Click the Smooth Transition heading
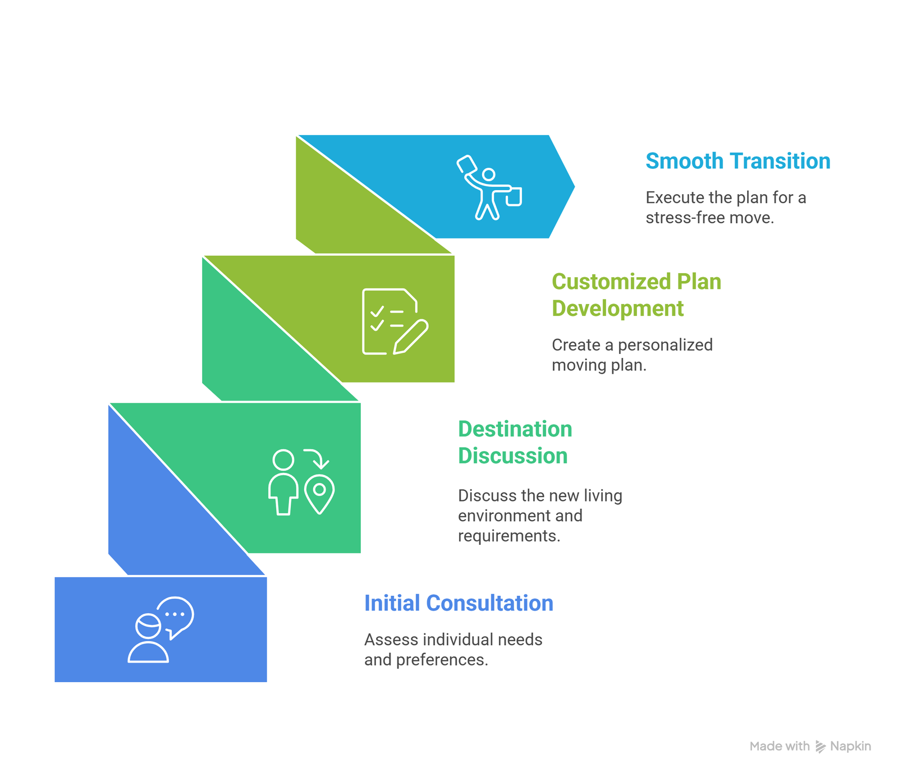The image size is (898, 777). pos(737,161)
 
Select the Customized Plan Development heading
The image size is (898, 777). pos(636,295)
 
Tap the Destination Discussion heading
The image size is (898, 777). pos(515,442)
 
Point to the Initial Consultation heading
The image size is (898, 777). pos(459,603)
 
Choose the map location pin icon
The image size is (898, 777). pos(319,494)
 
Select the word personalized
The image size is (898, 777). pos(665,344)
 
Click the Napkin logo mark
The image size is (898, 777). pos(821,746)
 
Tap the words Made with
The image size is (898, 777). pos(780,746)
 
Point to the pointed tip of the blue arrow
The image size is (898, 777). pos(575,187)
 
